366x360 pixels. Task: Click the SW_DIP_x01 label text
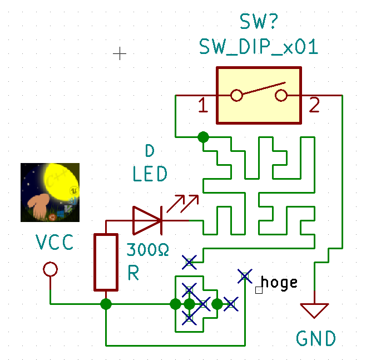point(259,47)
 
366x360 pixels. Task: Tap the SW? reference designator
point(259,22)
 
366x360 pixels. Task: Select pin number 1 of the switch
point(203,105)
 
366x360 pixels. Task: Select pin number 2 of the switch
point(314,105)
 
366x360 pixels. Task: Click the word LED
point(150,175)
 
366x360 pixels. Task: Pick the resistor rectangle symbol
point(106,262)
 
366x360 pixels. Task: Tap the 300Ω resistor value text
point(147,249)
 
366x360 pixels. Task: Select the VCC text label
point(55,243)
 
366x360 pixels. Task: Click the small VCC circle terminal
point(51,270)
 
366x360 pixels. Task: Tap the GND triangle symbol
point(314,310)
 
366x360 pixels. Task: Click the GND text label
point(315,338)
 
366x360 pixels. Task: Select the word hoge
point(279,282)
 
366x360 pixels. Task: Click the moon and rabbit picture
point(50,192)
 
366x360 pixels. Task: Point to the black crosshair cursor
point(120,53)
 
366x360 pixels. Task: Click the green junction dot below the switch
point(203,137)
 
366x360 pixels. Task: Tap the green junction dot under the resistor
point(106,304)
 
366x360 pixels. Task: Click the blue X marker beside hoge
point(244,275)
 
